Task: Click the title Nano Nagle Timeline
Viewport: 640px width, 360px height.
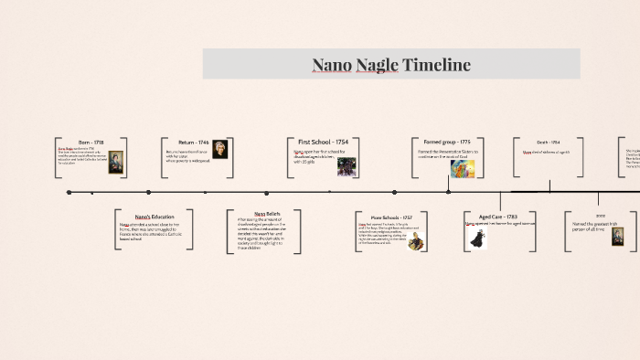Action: tap(391, 65)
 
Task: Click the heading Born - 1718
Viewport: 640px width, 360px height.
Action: tap(91, 143)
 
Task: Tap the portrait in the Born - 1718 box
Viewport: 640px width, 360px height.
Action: tap(116, 162)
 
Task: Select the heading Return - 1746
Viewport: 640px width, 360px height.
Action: tap(194, 143)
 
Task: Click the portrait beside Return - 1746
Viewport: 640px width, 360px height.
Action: tap(220, 150)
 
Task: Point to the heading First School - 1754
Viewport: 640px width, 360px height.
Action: tap(323, 143)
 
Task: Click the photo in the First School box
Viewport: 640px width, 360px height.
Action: tap(347, 166)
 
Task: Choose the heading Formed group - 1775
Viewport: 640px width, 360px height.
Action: tap(447, 143)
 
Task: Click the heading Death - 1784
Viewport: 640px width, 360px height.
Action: tap(549, 143)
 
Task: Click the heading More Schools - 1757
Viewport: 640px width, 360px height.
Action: tap(391, 217)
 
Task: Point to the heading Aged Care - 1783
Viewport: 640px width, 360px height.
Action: tap(498, 217)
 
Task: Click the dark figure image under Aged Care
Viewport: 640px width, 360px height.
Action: tap(476, 239)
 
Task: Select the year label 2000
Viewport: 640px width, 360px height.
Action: tap(601, 215)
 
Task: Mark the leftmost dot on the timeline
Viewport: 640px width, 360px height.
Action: tap(69, 193)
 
